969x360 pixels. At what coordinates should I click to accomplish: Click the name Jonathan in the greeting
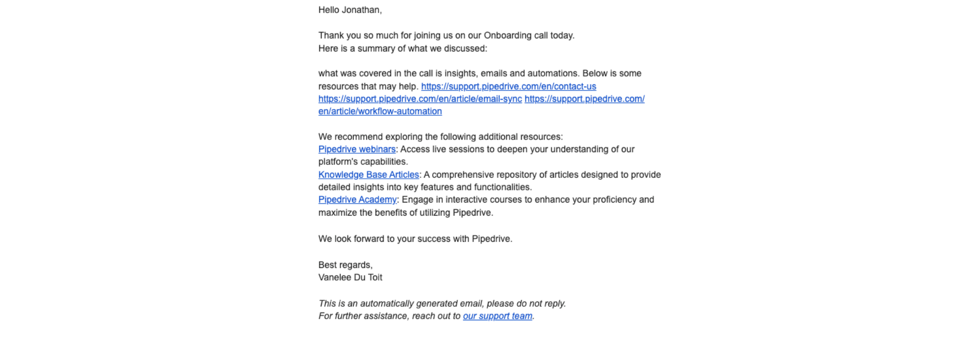pyautogui.click(x=361, y=10)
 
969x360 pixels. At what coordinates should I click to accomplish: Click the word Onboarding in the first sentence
pyautogui.click(x=507, y=35)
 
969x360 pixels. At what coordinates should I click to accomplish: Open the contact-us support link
pyautogui.click(x=508, y=86)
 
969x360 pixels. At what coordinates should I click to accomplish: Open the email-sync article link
pyautogui.click(x=420, y=99)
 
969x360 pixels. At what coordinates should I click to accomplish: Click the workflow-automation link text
pyautogui.click(x=380, y=111)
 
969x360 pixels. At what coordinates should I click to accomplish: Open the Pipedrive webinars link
pyautogui.click(x=357, y=149)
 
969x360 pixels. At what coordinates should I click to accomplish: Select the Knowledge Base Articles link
pyautogui.click(x=368, y=174)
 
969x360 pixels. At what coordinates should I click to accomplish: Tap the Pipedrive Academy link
pyautogui.click(x=357, y=200)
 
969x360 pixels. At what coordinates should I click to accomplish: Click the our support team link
pyautogui.click(x=497, y=316)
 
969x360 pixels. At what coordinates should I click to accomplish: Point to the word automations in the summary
pyautogui.click(x=552, y=73)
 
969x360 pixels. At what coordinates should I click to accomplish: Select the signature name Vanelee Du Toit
pyautogui.click(x=350, y=277)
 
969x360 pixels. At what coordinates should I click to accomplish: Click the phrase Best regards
pyautogui.click(x=345, y=265)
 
